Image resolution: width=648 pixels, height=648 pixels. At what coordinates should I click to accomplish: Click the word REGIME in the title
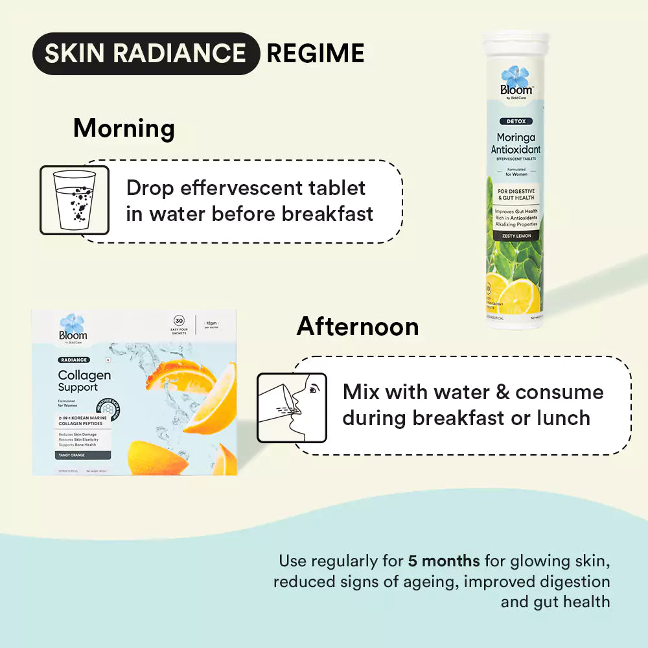coord(315,54)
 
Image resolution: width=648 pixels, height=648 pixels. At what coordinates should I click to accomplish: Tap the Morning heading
coord(124,128)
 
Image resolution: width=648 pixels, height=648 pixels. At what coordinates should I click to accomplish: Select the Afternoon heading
coord(358,327)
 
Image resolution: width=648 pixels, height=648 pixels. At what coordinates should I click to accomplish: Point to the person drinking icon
coord(292,408)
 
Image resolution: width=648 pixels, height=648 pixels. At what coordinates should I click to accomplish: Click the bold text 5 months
coord(444,561)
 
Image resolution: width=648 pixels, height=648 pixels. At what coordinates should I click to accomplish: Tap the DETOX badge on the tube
coord(516,121)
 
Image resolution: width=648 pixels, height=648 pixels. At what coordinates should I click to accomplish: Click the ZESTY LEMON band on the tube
coord(516,236)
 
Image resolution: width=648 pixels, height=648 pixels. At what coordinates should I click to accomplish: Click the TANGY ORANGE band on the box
coord(73,456)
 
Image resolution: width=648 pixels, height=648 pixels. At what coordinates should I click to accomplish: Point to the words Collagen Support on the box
coord(84,381)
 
